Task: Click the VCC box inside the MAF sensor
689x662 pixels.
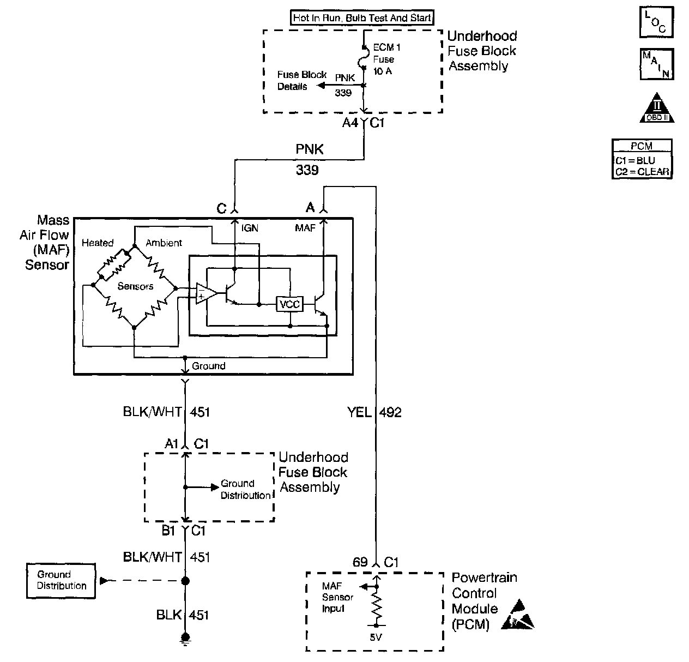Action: [289, 304]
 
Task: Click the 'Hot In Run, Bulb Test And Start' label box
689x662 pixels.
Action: [362, 18]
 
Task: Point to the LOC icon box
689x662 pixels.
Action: [656, 22]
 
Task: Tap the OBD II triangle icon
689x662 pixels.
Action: [657, 108]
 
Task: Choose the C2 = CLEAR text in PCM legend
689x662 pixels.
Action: [642, 172]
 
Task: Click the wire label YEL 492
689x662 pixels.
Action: [374, 412]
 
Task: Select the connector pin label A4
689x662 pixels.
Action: [350, 123]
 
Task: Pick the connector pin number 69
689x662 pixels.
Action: [360, 562]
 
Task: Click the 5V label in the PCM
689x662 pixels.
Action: [375, 636]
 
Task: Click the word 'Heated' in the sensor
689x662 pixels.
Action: [98, 243]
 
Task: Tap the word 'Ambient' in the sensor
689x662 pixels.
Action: [164, 243]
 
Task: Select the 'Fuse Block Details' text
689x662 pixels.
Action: [301, 81]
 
